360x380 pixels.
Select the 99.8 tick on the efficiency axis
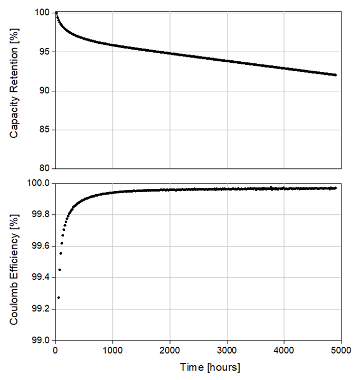(x=40, y=215)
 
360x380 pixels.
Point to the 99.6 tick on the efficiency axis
(x=40, y=246)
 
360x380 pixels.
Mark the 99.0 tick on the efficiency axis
(x=40, y=340)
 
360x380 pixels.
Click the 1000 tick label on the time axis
(x=112, y=349)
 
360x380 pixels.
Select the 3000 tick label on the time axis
(x=227, y=349)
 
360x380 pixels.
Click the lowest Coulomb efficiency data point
(x=59, y=298)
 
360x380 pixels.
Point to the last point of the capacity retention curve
(x=335, y=75)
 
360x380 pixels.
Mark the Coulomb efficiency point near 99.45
(x=60, y=270)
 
